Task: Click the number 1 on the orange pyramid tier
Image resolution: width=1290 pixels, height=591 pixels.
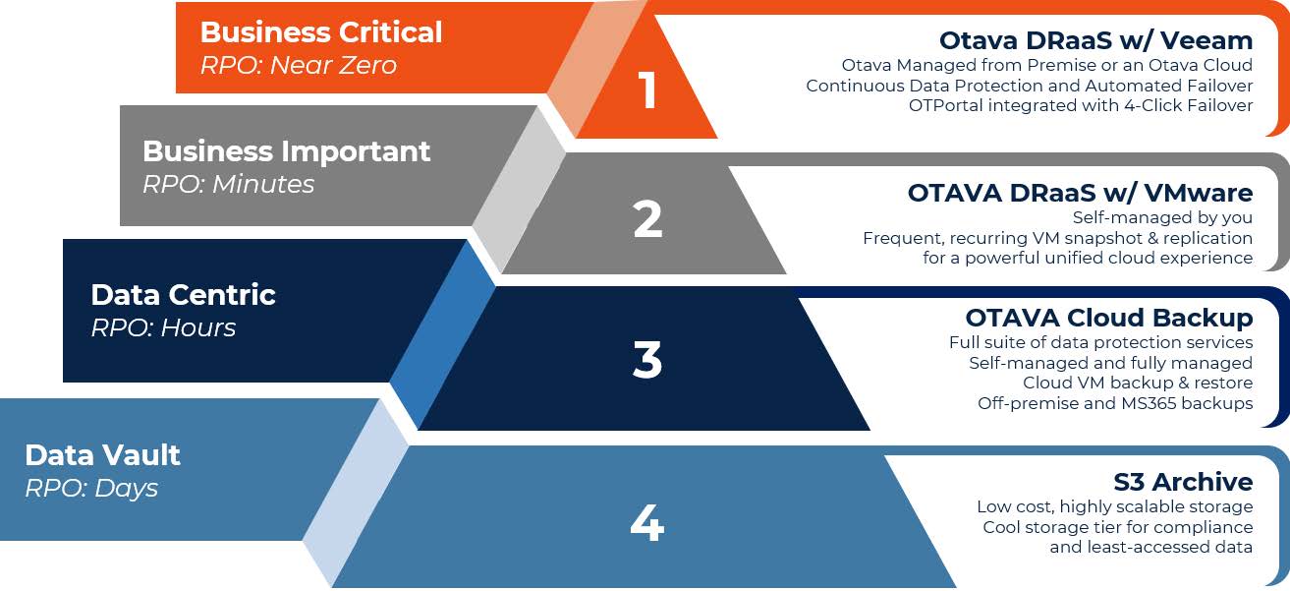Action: pos(648,89)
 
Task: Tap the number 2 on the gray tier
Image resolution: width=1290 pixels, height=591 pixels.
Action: pos(647,219)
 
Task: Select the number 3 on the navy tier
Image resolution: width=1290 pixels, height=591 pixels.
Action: pos(647,360)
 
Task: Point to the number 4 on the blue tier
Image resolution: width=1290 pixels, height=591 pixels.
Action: pos(646,523)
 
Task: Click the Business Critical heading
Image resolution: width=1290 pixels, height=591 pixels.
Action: pos(321,32)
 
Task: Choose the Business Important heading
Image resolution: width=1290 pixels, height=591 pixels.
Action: pos(286,151)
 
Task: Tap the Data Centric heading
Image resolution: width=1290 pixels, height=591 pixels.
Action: pos(183,295)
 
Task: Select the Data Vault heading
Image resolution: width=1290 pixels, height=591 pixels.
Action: pos(102,455)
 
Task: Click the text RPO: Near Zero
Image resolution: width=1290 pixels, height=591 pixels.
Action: pos(299,65)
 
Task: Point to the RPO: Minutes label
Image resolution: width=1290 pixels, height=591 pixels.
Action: pos(229,185)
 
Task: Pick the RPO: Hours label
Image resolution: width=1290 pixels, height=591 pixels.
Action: pos(163,327)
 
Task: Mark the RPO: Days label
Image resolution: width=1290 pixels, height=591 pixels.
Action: pos(91,488)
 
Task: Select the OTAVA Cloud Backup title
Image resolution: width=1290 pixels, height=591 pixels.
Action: pos(1109,318)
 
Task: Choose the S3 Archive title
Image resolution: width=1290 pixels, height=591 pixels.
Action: pos(1184,482)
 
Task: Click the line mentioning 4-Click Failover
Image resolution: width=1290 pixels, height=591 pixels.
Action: pos(1081,105)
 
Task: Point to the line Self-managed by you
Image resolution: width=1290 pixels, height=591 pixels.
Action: pos(1162,217)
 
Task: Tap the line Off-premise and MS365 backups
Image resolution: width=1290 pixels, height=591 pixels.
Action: pos(1115,403)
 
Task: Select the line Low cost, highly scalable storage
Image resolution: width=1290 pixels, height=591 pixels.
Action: pos(1115,506)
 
